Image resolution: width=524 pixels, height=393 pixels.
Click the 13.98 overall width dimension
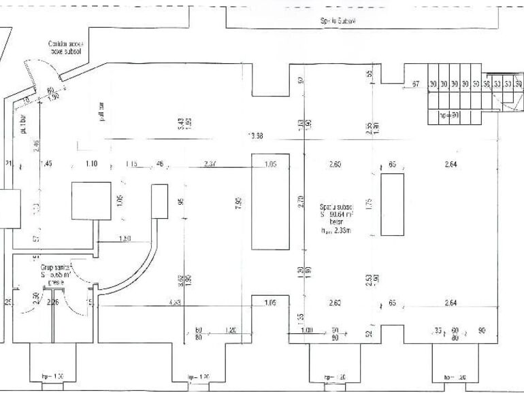tap(256, 136)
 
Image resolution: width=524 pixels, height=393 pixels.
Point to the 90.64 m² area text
tap(335, 214)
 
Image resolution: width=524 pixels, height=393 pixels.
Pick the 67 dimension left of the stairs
tap(415, 84)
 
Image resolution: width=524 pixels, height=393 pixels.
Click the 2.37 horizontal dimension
tap(210, 164)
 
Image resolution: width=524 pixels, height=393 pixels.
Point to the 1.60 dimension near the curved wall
tap(125, 238)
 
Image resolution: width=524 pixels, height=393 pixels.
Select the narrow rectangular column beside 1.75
tap(392, 204)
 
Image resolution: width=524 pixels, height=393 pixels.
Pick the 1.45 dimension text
tap(46, 164)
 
